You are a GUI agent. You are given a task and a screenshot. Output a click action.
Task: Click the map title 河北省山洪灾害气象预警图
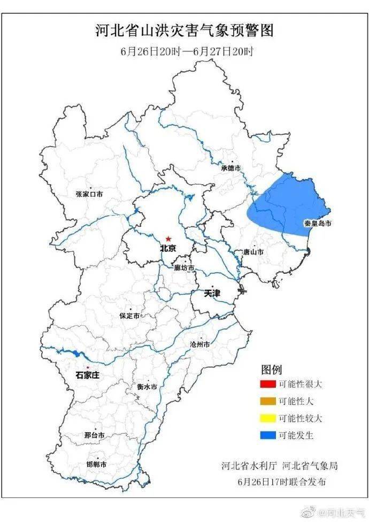[x=184, y=30]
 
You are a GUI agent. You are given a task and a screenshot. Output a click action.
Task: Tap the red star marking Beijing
[x=168, y=239]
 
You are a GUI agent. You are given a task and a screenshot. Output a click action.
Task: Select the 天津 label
[x=212, y=294]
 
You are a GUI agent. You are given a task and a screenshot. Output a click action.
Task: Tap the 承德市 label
[x=231, y=168]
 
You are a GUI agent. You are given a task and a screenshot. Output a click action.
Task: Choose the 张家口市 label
[x=89, y=194]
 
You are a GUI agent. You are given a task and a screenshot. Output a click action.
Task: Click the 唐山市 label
[x=253, y=251]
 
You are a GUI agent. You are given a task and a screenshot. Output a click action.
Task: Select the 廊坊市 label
[x=184, y=268]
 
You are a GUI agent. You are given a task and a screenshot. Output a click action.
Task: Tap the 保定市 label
[x=129, y=316]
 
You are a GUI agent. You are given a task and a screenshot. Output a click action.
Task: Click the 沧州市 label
[x=200, y=344]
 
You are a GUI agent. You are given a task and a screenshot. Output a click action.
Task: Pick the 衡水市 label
[x=147, y=386]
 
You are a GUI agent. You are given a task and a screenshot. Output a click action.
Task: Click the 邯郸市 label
[x=96, y=464]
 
